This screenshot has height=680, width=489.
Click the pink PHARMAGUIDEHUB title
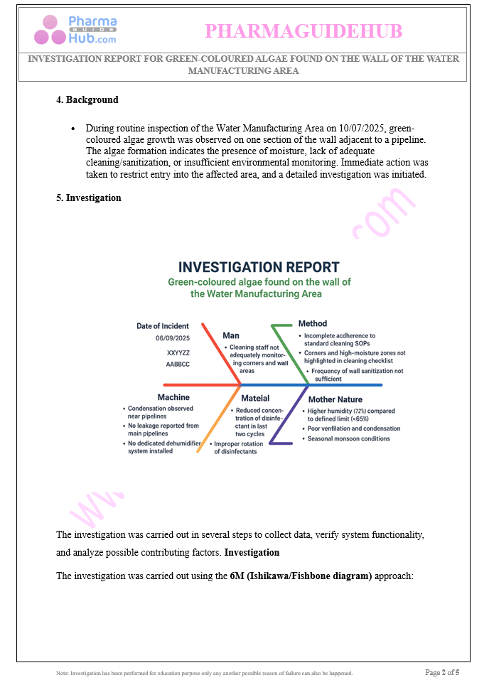coord(303,31)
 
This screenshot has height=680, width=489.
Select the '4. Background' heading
coord(87,100)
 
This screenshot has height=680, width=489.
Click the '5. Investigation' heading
coord(89,198)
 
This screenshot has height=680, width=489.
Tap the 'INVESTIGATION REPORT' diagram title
coord(259,267)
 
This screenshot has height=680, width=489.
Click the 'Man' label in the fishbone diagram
coord(231,335)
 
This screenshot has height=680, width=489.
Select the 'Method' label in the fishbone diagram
coord(313,324)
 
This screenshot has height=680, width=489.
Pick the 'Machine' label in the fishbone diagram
coord(173,398)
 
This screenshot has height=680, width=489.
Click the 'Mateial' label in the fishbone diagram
coord(255,399)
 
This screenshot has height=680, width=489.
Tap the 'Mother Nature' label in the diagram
coord(335,399)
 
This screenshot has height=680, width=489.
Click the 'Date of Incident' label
coord(163,326)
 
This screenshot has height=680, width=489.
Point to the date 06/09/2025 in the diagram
coord(173,338)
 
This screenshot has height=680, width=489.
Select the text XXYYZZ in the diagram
coord(178,352)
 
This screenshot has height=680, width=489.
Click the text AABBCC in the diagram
coord(178,364)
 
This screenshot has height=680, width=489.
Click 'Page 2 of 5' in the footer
coord(441,672)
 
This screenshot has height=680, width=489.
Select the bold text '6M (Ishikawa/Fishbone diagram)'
coord(301,576)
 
